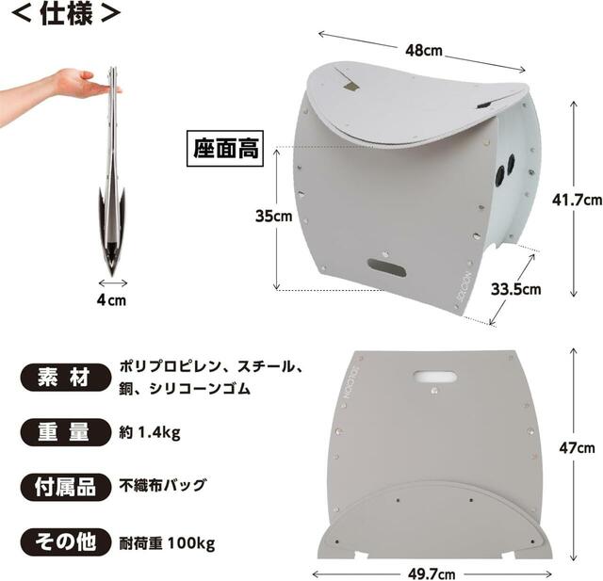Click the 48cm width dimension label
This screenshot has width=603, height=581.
[x=424, y=50]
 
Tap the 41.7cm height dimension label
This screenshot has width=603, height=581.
[x=577, y=200]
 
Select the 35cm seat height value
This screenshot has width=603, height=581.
[x=274, y=216]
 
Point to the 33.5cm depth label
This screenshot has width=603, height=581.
[x=515, y=289]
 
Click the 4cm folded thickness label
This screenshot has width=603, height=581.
[x=111, y=299]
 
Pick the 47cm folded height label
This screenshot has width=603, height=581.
[x=577, y=448]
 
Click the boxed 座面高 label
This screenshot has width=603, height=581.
[x=225, y=149]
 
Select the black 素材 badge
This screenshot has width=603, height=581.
[x=65, y=377]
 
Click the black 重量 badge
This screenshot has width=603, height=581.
[x=65, y=432]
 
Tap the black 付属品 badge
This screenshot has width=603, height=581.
[x=65, y=487]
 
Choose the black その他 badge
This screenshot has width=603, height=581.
[x=65, y=542]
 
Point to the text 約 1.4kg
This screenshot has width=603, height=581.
[x=150, y=432]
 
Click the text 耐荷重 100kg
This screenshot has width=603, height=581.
[x=167, y=543]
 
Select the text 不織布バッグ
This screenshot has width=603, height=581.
[x=162, y=485]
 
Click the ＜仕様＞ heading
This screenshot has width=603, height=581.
[x=66, y=14]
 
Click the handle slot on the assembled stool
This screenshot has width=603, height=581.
[x=387, y=266]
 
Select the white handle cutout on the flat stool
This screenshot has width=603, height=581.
[x=435, y=376]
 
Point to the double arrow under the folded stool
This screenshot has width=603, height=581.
[x=113, y=283]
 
